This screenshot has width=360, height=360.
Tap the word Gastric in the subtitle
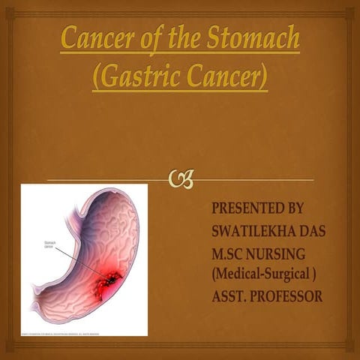[x=139, y=77]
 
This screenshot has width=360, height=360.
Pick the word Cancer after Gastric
[x=221, y=77]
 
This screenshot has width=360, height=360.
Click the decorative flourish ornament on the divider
[x=181, y=180]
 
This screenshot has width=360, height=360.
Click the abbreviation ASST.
[x=231, y=297]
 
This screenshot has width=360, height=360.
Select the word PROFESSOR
[x=289, y=297]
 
